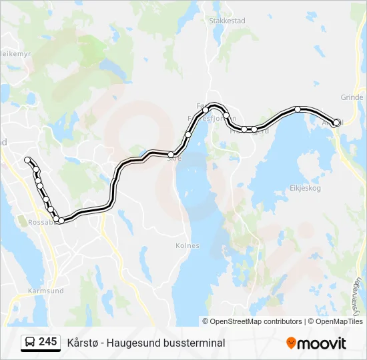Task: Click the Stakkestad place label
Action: (x=227, y=21)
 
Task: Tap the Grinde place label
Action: (x=352, y=97)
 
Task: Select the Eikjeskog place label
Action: (x=306, y=188)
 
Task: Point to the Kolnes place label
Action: (x=188, y=245)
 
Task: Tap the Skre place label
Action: (x=174, y=159)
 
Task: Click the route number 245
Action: (x=47, y=342)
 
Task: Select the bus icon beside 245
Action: (x=30, y=343)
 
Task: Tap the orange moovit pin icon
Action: (x=291, y=343)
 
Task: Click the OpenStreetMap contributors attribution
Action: (x=252, y=321)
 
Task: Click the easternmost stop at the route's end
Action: (x=337, y=122)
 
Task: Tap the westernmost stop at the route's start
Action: (x=28, y=160)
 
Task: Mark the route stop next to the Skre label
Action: (x=171, y=155)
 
